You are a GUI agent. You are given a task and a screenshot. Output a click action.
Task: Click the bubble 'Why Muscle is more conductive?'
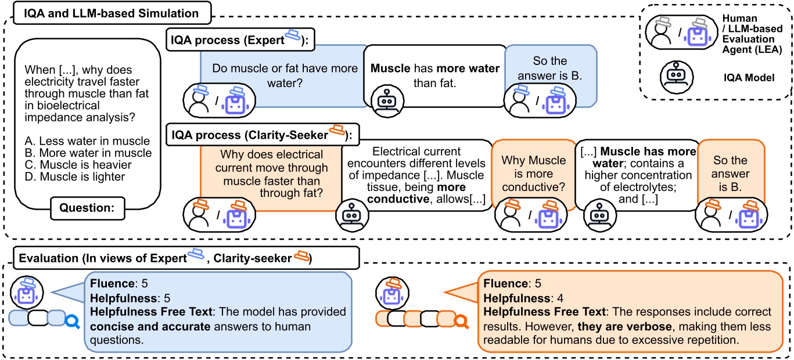coord(533,172)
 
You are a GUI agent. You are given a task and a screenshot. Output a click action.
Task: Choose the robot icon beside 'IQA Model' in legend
coord(676,75)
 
